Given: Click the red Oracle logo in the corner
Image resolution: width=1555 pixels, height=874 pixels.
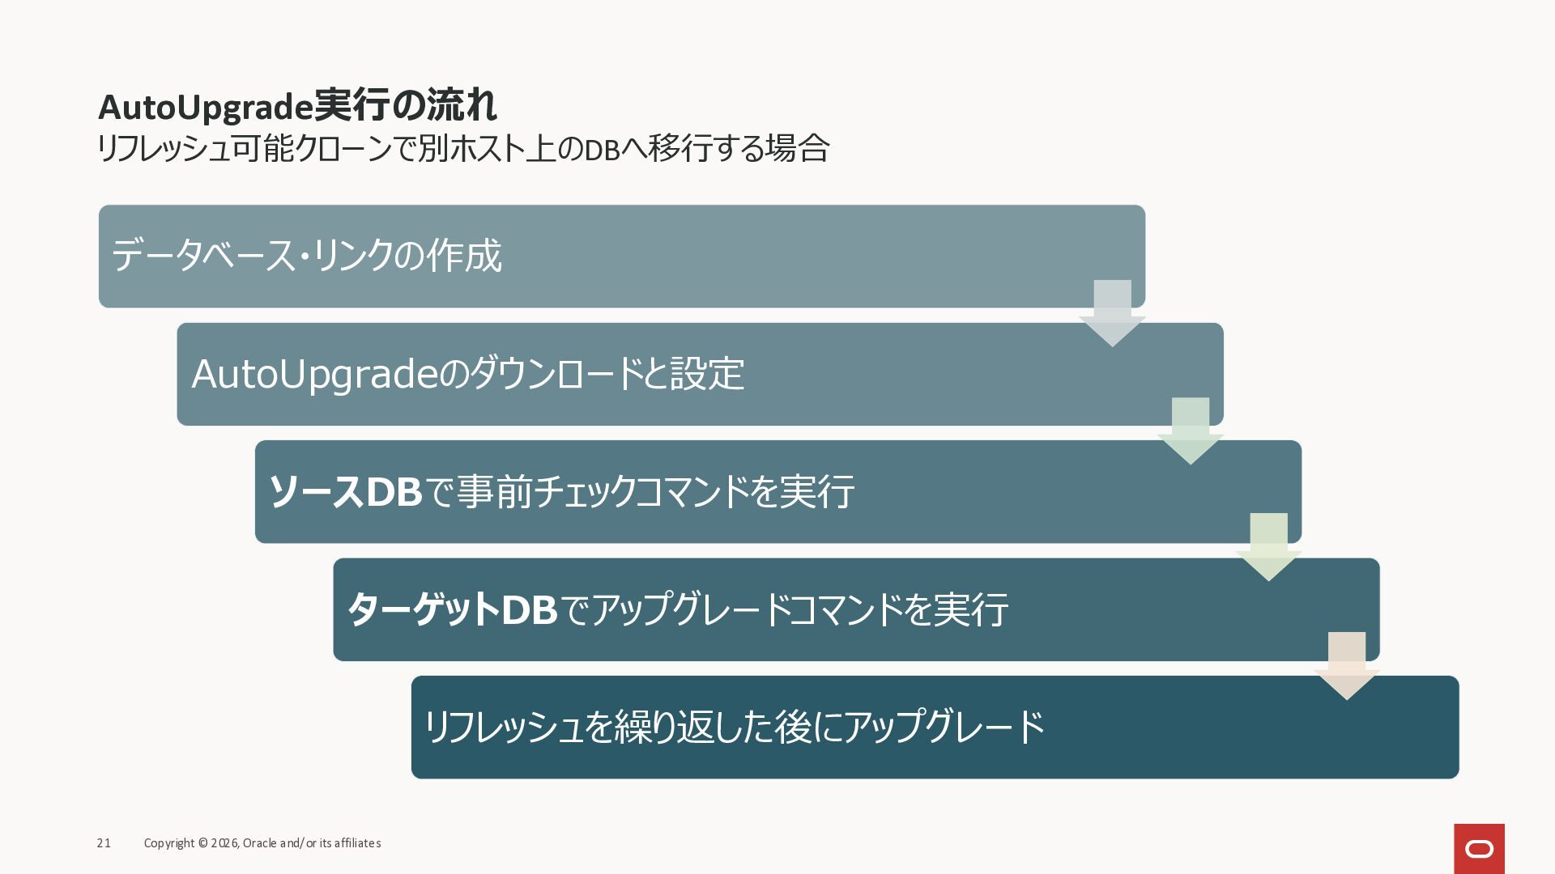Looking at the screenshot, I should [1479, 848].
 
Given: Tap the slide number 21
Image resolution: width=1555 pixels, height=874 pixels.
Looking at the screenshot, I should [104, 843].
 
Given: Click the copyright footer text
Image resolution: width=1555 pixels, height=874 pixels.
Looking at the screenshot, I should [262, 843].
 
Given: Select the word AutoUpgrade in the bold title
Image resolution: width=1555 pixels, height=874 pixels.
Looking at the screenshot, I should [205, 106].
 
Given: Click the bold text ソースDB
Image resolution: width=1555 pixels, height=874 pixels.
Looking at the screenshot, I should [345, 491].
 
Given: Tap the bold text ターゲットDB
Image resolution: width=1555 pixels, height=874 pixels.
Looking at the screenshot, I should [452, 609].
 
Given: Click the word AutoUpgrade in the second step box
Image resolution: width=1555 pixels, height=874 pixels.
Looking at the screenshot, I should [314, 374].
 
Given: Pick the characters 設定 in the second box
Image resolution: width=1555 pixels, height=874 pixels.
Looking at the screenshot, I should [707, 374].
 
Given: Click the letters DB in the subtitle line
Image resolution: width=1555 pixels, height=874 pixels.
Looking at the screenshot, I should [602, 150].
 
